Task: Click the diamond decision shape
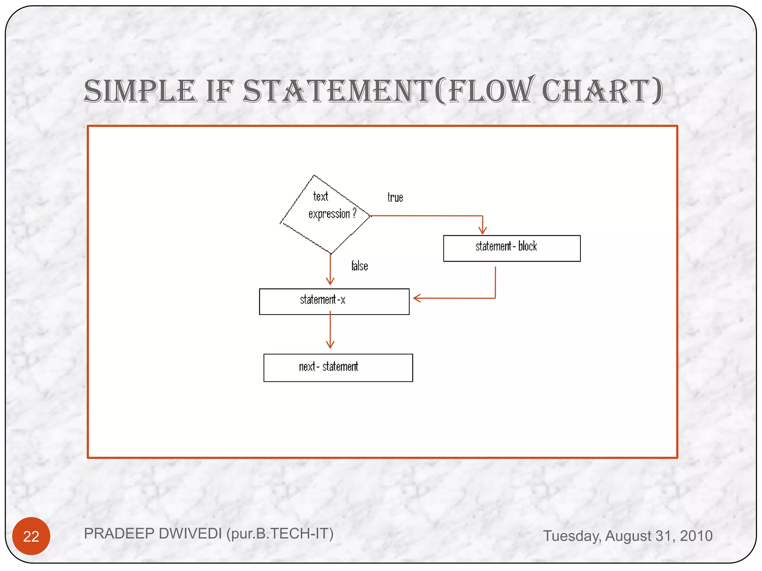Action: (326, 215)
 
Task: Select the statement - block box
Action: (512, 248)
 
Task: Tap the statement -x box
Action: (334, 301)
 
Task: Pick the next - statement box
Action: (338, 368)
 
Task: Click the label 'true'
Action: (395, 197)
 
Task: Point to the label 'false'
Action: (359, 266)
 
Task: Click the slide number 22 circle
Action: (31, 536)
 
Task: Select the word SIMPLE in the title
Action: (140, 91)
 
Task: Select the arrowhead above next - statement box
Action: (330, 345)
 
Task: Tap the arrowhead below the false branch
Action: (330, 281)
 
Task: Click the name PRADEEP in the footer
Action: (116, 534)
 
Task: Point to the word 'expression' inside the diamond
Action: (329, 214)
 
